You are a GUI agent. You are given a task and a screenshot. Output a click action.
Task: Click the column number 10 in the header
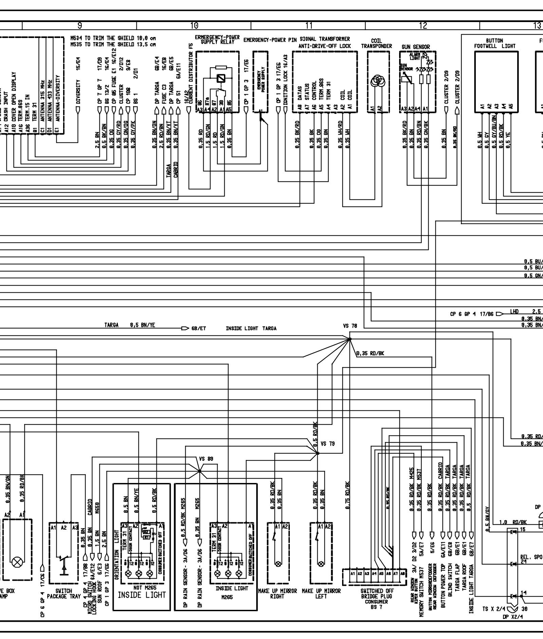[194, 25]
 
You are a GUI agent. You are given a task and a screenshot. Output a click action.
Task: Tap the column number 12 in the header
[423, 25]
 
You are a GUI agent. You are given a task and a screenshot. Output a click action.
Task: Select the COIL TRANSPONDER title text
[376, 44]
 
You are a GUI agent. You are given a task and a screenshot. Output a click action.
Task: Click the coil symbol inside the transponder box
[376, 81]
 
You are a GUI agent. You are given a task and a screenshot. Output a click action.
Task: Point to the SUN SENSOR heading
[416, 47]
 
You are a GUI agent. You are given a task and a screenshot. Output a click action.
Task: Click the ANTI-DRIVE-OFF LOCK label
[325, 46]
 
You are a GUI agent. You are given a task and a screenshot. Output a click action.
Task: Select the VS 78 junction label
[350, 326]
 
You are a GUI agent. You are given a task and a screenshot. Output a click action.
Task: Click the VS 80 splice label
[206, 459]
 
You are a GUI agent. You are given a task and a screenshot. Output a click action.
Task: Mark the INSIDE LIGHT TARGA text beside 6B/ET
[251, 328]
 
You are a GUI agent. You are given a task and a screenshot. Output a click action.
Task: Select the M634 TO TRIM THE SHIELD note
[113, 39]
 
